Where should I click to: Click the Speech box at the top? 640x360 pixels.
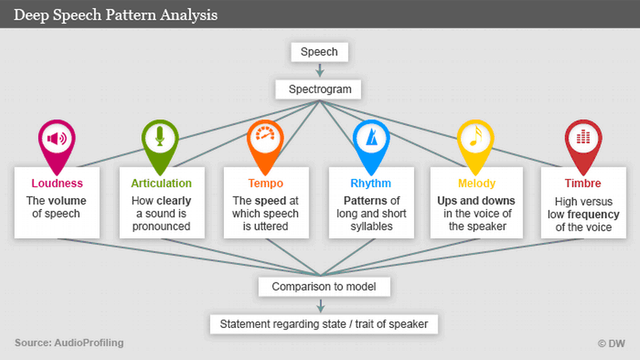click(x=319, y=52)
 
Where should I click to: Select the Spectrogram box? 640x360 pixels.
click(x=319, y=89)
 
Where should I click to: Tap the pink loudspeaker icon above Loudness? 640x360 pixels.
click(x=57, y=140)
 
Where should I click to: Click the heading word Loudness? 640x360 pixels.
click(x=57, y=183)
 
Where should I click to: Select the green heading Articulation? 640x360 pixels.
click(x=161, y=183)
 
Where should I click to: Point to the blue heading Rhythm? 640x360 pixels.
click(x=370, y=183)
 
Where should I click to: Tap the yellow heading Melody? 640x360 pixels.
click(x=477, y=183)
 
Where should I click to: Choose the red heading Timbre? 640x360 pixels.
click(x=583, y=183)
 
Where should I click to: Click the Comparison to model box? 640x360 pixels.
click(x=324, y=287)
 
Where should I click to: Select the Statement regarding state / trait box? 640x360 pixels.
click(x=323, y=324)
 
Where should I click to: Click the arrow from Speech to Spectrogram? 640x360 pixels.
click(x=319, y=70)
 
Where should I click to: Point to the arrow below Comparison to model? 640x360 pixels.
click(x=321, y=306)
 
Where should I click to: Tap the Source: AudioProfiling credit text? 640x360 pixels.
click(x=69, y=343)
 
